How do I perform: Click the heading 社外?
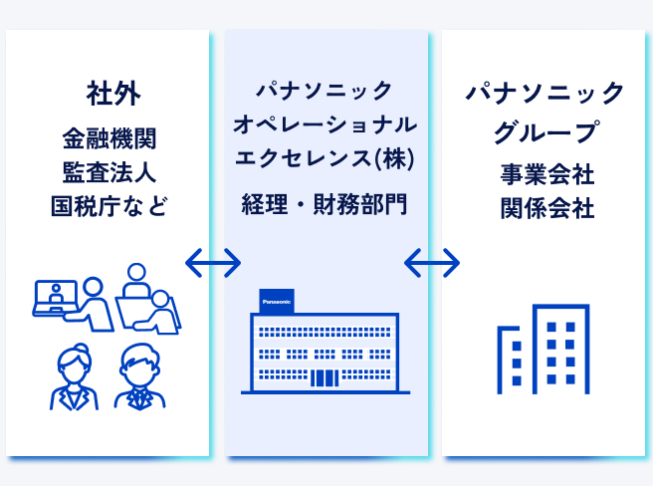[x=113, y=94]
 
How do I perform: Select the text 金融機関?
[x=109, y=138]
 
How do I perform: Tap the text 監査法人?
[x=109, y=172]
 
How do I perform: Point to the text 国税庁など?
[x=109, y=206]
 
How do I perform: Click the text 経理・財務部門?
[x=325, y=204]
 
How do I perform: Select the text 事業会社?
[x=547, y=174]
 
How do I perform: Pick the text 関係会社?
[x=547, y=208]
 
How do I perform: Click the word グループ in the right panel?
[x=546, y=132]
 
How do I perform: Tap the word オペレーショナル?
[x=325, y=124]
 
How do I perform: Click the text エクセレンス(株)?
[x=325, y=158]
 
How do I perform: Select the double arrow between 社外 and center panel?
[x=213, y=263]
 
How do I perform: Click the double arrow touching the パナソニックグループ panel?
[x=432, y=263]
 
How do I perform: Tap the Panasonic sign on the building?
[x=277, y=301]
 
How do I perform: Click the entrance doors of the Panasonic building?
[x=325, y=378]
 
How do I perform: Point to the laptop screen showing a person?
[x=56, y=296]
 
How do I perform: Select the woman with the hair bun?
[x=75, y=376]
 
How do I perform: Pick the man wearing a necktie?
[x=140, y=376]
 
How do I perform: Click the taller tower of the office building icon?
[x=560, y=350]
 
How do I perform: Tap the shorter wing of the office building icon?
[x=509, y=361]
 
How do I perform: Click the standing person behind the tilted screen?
[x=136, y=280]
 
